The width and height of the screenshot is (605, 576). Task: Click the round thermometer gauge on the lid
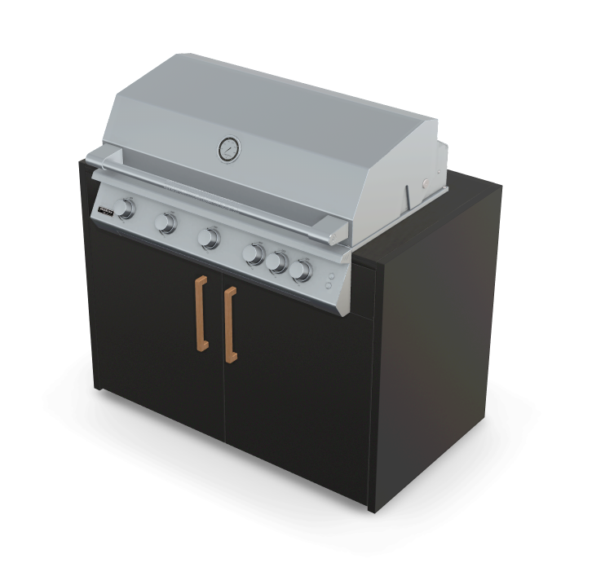[x=228, y=148]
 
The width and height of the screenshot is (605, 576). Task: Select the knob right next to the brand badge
[x=126, y=209]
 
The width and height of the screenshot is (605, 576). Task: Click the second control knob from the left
[x=167, y=222]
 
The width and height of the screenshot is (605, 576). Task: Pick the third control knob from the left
[x=210, y=238]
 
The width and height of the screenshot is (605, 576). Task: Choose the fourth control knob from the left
[x=254, y=254]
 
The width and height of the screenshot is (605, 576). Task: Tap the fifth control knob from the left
[x=278, y=262]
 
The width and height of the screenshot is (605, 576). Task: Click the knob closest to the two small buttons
[x=302, y=270]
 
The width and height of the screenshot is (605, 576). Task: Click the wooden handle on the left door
[x=201, y=313]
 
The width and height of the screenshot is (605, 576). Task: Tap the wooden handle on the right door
[x=230, y=324]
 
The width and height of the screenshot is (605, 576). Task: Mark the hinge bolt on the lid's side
[x=424, y=182]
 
